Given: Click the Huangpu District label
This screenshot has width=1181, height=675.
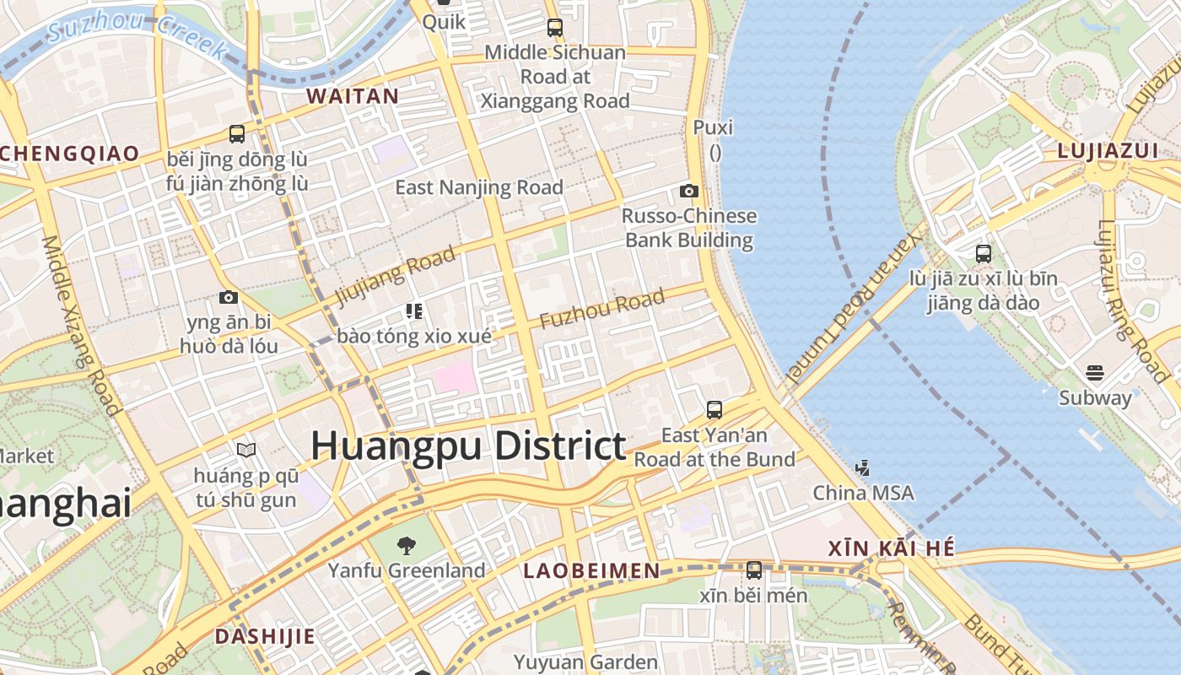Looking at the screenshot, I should click(x=468, y=445).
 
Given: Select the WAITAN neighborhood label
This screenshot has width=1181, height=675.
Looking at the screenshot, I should click(x=353, y=96).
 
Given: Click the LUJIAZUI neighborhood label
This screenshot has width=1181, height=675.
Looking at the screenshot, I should click(x=1108, y=151).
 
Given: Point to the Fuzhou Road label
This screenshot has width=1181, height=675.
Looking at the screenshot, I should click(x=601, y=310).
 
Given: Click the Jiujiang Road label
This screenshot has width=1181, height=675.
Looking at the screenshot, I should click(x=396, y=275).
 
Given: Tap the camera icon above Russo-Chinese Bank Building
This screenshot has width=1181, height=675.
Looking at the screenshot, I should click(x=689, y=192).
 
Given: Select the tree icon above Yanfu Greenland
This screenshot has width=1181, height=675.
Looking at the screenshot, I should click(x=406, y=546).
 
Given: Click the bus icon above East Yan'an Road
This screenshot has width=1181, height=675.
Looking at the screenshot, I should click(x=715, y=410).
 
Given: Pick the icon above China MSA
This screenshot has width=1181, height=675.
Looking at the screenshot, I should click(x=862, y=467).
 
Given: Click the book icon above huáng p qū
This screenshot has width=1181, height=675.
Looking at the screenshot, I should click(x=245, y=451).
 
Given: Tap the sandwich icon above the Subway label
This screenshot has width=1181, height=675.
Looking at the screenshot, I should click(x=1095, y=373).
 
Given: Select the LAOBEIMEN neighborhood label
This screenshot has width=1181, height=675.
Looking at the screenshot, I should click(x=591, y=571).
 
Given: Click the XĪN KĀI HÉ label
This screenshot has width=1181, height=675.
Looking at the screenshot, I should click(x=892, y=548).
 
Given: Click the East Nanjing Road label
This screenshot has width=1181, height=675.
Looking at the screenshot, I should click(x=479, y=187).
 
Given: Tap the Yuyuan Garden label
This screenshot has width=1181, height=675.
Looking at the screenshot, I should click(x=585, y=662).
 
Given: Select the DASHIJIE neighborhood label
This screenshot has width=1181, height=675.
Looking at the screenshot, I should click(x=264, y=636).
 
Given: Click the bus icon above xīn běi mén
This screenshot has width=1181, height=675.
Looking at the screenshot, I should click(x=754, y=570).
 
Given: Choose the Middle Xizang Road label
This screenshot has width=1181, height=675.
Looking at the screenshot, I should click(x=81, y=325).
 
